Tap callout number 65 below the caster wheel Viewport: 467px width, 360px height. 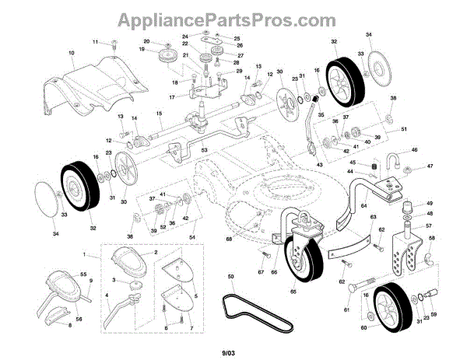(293, 292)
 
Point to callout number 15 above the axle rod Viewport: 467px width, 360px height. (159, 114)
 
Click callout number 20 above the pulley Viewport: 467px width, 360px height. (146, 40)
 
